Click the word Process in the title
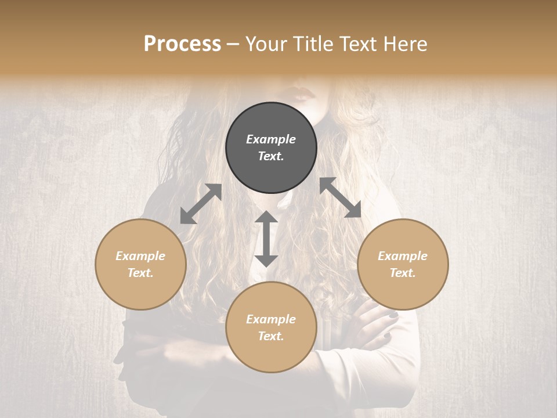[182, 44]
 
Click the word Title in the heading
[308, 44]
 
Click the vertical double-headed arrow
[266, 239]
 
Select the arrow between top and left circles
[201, 204]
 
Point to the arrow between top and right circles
[341, 197]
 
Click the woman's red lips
[304, 92]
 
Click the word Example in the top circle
[271, 139]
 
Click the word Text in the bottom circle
[271, 336]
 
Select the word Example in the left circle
[140, 256]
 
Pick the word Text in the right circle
[403, 273]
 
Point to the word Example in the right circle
[403, 256]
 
